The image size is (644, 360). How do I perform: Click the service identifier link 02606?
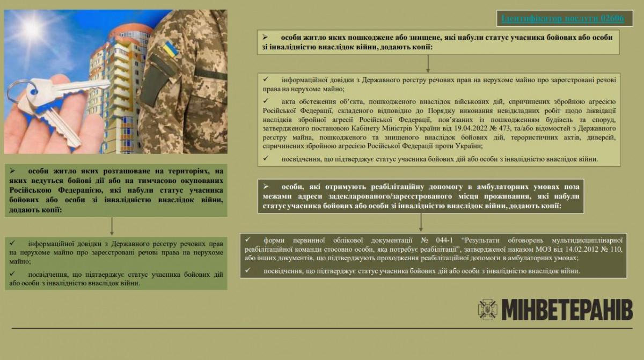(x=562, y=19)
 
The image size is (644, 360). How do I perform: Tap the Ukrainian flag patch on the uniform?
(x=171, y=48)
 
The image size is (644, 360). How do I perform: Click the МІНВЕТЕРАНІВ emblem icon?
(x=487, y=310)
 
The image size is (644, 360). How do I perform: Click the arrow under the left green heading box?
(x=112, y=226)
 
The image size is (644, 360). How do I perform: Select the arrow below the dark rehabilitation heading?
(x=421, y=222)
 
